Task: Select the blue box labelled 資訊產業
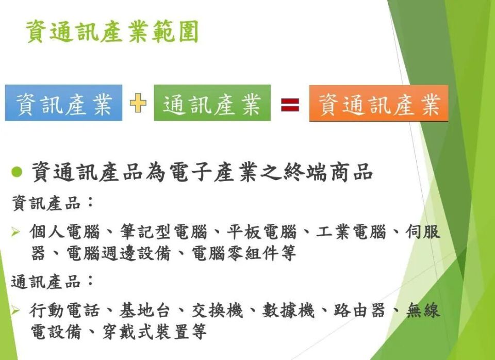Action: click(64, 103)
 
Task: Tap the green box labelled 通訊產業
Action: click(212, 103)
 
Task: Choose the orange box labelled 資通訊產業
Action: click(379, 104)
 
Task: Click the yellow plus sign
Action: click(138, 103)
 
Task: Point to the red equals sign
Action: click(290, 105)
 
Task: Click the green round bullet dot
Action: click(17, 172)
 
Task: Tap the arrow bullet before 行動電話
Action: click(16, 310)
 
